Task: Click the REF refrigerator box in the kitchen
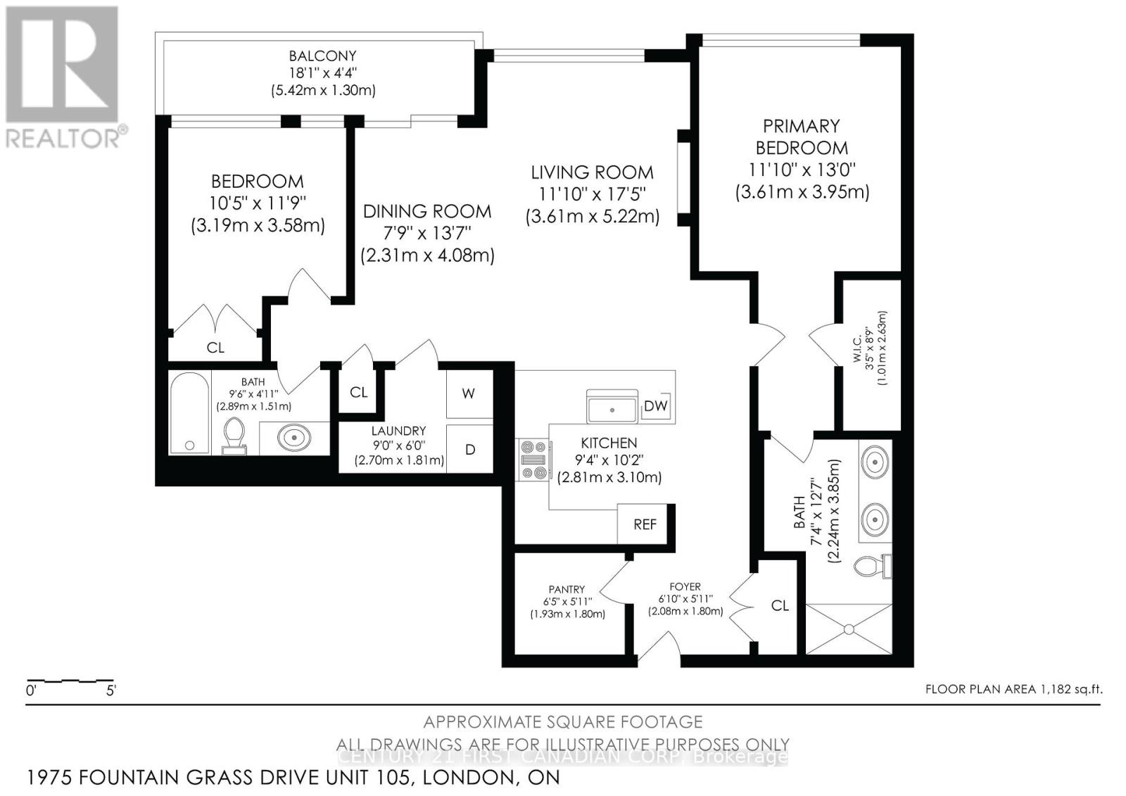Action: click(645, 524)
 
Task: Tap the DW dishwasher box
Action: click(656, 405)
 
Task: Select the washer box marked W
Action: click(469, 393)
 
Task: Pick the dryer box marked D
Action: click(469, 449)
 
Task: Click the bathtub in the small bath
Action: click(189, 414)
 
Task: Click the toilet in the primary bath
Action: click(872, 565)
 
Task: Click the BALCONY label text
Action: click(323, 56)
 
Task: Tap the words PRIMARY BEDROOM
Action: click(802, 137)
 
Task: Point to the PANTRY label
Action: click(567, 589)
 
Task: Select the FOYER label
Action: click(685, 586)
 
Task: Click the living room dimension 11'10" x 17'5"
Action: click(592, 193)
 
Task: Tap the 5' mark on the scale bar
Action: click(111, 690)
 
